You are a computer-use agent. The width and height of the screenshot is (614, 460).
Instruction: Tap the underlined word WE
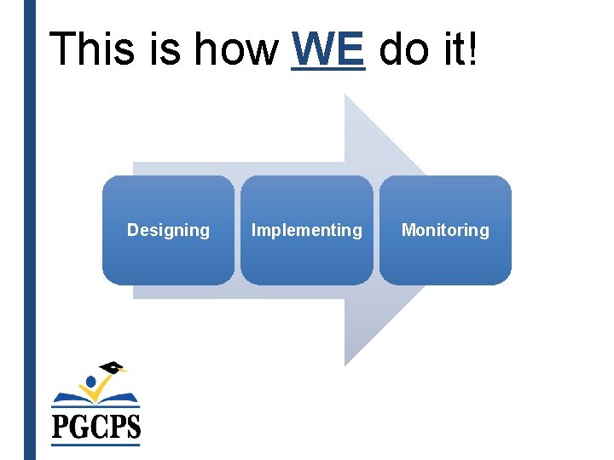point(328,49)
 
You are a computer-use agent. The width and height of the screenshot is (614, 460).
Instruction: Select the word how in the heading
point(235,49)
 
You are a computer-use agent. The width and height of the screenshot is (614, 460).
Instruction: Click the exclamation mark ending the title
point(474,49)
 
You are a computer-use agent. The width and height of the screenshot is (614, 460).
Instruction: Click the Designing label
point(168,230)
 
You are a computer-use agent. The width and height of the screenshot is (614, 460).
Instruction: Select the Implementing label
point(306,230)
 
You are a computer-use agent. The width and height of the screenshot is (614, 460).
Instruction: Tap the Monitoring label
point(445,230)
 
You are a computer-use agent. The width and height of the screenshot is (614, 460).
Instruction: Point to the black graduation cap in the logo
point(112,368)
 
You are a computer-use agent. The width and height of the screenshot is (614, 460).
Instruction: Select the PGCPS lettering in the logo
point(96,424)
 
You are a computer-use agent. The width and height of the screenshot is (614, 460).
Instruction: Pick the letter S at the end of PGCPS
point(131,424)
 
